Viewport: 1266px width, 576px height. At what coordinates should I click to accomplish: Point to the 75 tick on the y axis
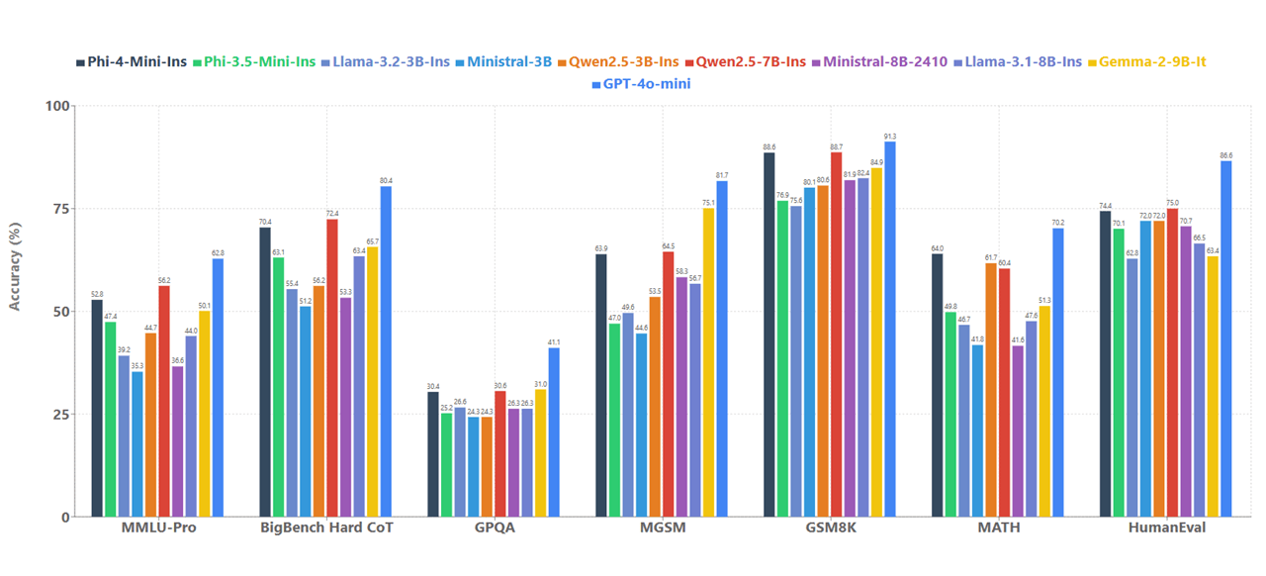point(60,209)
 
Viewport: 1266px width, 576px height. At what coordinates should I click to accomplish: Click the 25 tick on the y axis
point(60,414)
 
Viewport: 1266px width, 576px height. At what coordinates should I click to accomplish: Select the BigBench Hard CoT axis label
point(325,528)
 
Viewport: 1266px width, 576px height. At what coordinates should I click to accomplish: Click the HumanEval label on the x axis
point(1166,528)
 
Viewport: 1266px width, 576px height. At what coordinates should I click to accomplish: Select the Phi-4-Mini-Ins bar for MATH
point(937,385)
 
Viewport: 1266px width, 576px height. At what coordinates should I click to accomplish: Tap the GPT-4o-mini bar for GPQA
point(554,432)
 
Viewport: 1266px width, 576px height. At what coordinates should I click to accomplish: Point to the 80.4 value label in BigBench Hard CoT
point(386,180)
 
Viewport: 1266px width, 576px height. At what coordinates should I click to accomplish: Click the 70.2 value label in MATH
point(1058,222)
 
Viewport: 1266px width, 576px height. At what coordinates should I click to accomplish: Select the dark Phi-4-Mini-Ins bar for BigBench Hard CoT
point(265,371)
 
